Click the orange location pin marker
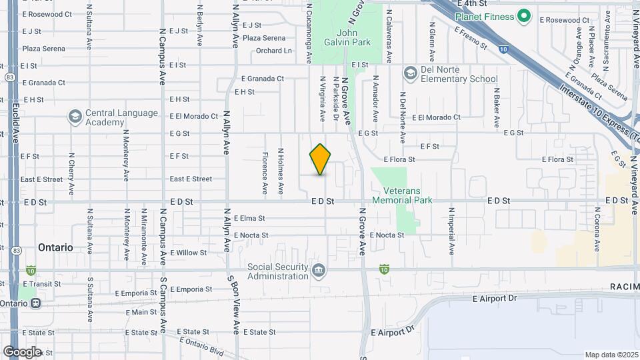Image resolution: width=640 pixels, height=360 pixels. (x=321, y=159)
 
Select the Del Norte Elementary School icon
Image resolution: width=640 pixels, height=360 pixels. (x=409, y=72)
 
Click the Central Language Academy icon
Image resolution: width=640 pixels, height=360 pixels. (x=75, y=117)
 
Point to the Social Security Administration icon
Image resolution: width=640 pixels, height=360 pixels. (x=319, y=270)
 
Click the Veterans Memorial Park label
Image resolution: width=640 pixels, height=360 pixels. (x=402, y=195)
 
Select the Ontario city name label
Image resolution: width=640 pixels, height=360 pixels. (x=55, y=247)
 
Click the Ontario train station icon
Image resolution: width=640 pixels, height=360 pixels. (x=35, y=303)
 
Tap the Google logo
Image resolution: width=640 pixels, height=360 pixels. (x=22, y=352)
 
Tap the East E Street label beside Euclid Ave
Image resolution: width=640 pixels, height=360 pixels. (x=41, y=179)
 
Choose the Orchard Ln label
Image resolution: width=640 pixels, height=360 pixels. (x=274, y=51)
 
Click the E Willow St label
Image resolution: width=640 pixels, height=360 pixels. (x=189, y=253)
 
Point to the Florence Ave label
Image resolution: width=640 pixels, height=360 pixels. (x=265, y=173)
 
